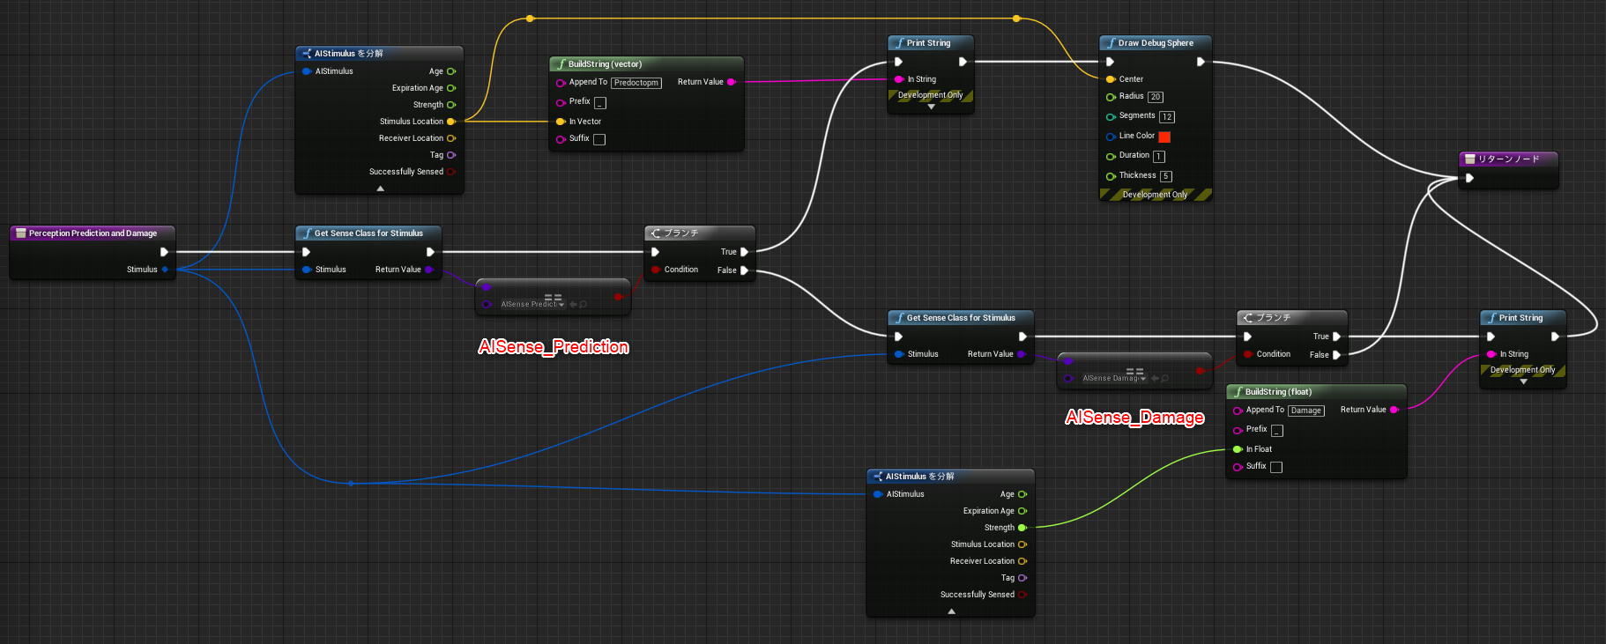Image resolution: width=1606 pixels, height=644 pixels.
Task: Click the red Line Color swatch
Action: pos(1164,137)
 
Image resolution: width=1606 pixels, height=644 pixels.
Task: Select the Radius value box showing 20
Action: pos(1156,97)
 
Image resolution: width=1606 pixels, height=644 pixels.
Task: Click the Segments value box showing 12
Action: pos(1167,116)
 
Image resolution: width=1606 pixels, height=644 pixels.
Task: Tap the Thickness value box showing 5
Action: pos(1166,176)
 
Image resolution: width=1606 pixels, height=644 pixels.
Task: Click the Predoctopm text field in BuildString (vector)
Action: pos(636,83)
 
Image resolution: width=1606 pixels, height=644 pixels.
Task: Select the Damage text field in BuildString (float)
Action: pos(1306,411)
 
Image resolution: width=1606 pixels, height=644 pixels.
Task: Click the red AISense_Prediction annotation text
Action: pos(554,346)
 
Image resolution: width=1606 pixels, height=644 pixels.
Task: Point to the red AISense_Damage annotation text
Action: pos(1134,417)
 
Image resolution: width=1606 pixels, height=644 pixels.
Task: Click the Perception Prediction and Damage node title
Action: pos(93,233)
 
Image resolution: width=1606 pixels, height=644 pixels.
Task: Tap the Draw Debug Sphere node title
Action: pos(1156,43)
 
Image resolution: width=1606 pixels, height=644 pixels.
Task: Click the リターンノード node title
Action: pos(1509,159)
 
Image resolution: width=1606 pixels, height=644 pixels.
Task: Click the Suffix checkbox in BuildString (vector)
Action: pos(599,139)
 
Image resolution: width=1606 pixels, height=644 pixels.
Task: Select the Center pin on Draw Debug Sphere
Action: pos(1111,79)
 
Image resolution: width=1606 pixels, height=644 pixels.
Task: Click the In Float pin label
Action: pos(1259,449)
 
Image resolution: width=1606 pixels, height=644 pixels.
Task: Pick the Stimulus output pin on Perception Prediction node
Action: pos(165,270)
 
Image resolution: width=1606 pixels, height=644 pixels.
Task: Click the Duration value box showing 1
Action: pos(1159,156)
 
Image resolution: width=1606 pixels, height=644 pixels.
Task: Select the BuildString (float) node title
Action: pos(1278,392)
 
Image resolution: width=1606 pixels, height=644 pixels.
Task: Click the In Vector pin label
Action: pos(585,122)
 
